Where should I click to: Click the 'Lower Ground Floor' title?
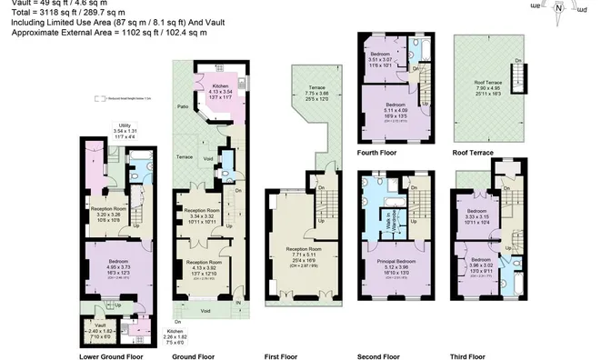point(112,356)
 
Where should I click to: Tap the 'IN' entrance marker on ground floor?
point(239,302)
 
